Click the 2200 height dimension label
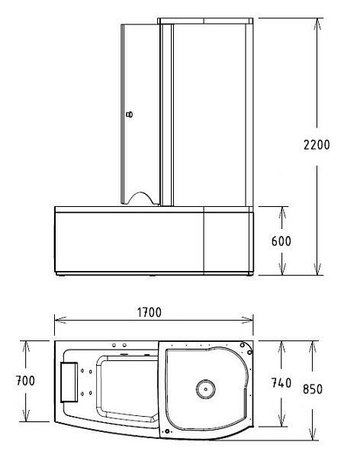317,145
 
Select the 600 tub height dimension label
281,241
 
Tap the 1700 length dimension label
149,312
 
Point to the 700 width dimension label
25,381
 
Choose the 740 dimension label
281,383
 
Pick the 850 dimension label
313,389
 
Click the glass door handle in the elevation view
129,114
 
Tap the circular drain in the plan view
206,389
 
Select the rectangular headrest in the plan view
69,382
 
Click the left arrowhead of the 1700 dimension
59,320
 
